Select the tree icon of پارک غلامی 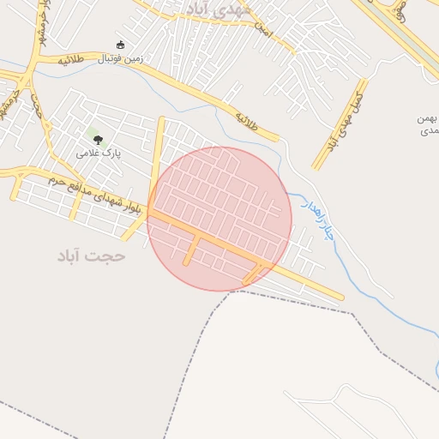point(97,137)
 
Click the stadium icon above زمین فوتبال point(120,45)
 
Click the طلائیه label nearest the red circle point(247,117)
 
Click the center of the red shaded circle point(219,219)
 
